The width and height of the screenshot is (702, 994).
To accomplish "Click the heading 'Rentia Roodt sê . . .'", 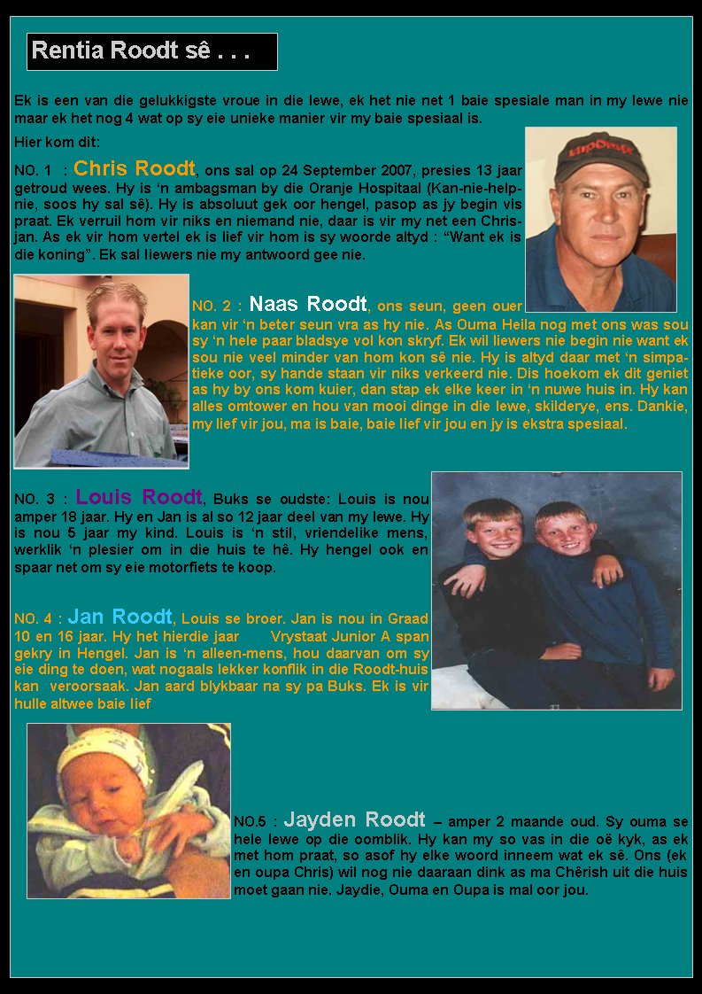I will [142, 51].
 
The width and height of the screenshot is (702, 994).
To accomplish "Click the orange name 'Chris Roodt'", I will [135, 168].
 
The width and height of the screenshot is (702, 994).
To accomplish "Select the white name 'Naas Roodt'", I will [308, 305].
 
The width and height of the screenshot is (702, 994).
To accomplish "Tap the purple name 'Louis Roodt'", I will [139, 497].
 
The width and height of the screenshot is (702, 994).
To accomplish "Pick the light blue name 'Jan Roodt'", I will [120, 616].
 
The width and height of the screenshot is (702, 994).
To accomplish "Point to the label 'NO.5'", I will [251, 822].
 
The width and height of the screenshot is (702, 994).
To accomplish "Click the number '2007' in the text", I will [399, 171].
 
